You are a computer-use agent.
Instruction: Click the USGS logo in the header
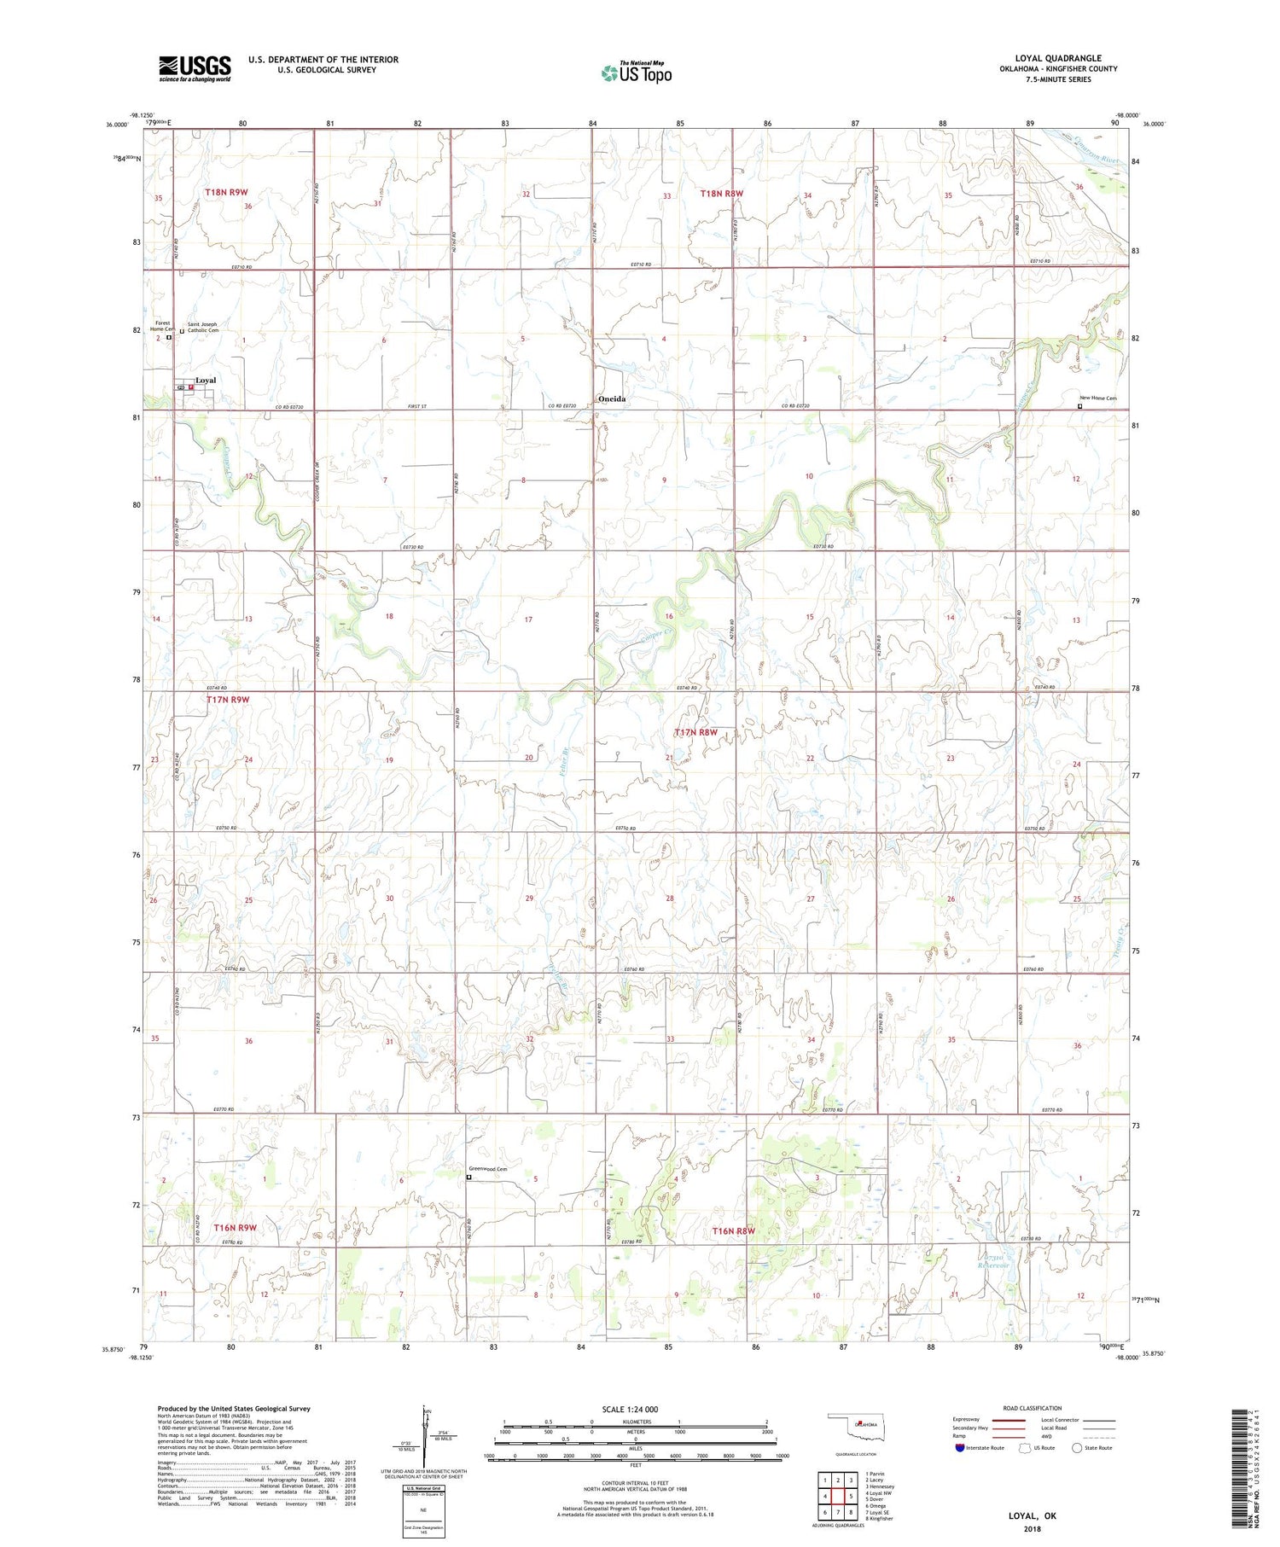tap(195, 67)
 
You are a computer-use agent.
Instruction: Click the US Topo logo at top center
tap(636, 72)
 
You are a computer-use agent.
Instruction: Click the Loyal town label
tap(206, 380)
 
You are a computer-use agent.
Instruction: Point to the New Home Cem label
tap(1097, 398)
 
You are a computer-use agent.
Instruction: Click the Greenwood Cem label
tap(488, 1169)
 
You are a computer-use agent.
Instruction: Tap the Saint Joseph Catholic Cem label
tap(203, 327)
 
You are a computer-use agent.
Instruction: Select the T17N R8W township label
tap(695, 732)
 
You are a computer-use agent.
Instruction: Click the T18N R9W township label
tap(226, 193)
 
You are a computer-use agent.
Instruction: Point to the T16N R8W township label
tap(733, 1231)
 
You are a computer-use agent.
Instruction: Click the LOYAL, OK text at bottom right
tap(1032, 1515)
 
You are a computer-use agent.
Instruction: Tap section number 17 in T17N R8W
tap(528, 619)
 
